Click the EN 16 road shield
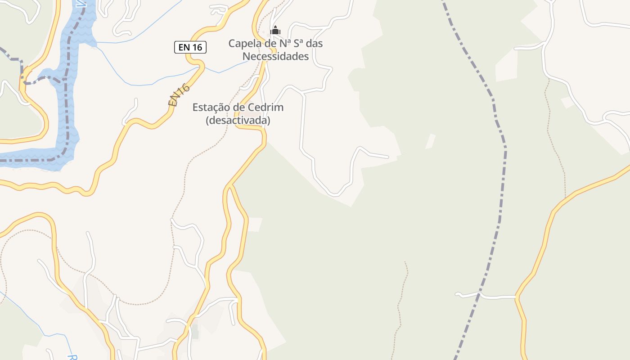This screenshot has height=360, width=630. point(190,47)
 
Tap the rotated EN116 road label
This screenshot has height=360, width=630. point(179,95)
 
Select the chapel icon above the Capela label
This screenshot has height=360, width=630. point(275,31)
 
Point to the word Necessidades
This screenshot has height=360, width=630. point(275,57)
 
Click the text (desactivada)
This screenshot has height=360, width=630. point(238,121)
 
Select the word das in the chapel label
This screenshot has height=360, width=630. point(314,44)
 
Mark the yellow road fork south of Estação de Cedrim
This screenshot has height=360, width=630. point(230,185)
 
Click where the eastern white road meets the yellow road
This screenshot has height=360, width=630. point(517,297)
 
